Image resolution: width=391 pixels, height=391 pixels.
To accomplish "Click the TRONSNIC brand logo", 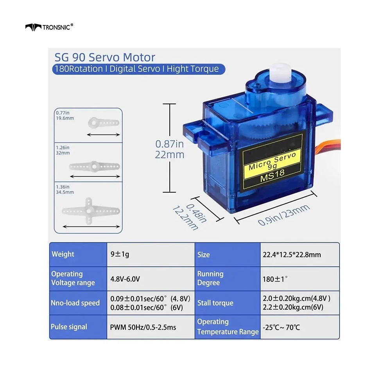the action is (x=49, y=27).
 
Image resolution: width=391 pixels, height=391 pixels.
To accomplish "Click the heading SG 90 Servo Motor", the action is (x=105, y=57).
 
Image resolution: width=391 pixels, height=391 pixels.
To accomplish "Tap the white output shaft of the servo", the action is (x=281, y=73).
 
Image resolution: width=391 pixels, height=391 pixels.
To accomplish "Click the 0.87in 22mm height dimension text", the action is (x=170, y=149).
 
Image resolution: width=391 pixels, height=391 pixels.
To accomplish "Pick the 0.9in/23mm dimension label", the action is (x=284, y=215).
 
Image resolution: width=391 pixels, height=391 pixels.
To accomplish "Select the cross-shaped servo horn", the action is (x=91, y=211).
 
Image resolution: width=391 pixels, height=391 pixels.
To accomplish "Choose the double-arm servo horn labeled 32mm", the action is (x=95, y=166).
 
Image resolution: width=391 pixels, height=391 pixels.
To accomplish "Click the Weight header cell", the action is (x=78, y=255).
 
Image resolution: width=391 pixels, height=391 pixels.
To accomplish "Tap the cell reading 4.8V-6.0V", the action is (x=151, y=279).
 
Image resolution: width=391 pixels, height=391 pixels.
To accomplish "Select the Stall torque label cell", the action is (x=228, y=303).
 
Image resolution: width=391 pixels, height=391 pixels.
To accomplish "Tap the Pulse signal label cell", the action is (x=78, y=327).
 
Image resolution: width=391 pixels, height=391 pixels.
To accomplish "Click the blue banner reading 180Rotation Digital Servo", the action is (x=139, y=69).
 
